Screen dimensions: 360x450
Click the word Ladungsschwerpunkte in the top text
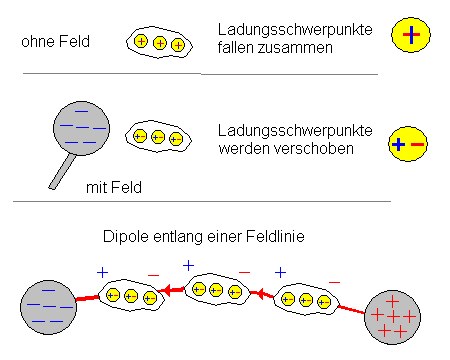pos(294,30)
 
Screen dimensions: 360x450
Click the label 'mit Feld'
pos(111,186)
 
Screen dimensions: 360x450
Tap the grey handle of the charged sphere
pos(57,170)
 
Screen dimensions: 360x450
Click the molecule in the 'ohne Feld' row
pos(158,43)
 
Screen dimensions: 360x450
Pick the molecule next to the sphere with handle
pos(158,137)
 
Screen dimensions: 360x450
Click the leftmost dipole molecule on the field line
pos(131,296)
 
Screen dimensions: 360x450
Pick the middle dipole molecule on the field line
pos(214,289)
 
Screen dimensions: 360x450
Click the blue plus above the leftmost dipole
pos(101,271)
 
